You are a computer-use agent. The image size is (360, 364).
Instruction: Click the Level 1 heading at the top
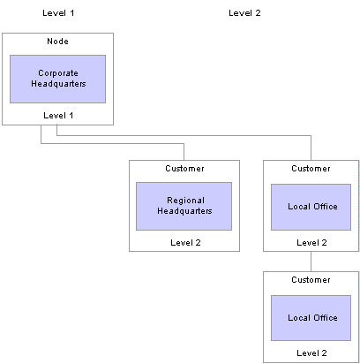pos(58,13)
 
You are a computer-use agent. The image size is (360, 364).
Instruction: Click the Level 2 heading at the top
pos(244,13)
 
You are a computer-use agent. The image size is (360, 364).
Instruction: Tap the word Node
pos(57,42)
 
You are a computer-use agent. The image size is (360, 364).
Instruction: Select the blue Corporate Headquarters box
pos(57,79)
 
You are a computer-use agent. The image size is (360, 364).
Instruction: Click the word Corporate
pos(58,73)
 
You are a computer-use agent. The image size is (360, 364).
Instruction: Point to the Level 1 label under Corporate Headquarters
pos(58,116)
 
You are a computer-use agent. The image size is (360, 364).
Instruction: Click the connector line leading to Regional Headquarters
pos(113,144)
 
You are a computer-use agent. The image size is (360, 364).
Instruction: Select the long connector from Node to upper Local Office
pos(184,136)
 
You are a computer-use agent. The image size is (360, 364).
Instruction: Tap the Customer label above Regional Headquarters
pos(184,169)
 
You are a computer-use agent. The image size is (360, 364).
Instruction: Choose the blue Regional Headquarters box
pos(184,206)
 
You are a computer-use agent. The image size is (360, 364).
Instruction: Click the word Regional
pos(185,201)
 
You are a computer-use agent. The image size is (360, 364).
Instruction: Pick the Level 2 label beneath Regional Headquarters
pos(185,243)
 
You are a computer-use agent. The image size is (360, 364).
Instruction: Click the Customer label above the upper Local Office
pos(311,169)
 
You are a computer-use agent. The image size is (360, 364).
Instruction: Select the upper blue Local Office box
pos(311,207)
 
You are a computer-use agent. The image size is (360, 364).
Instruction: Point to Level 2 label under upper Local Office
pos(311,243)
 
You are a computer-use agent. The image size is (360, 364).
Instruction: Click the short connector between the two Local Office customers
pos(311,262)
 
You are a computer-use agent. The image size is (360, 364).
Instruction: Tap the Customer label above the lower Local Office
pos(311,280)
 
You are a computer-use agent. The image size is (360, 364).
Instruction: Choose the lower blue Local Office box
pos(311,318)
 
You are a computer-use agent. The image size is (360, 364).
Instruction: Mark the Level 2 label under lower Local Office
pos(311,353)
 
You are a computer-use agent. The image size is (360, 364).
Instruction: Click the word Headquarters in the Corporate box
pos(58,84)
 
